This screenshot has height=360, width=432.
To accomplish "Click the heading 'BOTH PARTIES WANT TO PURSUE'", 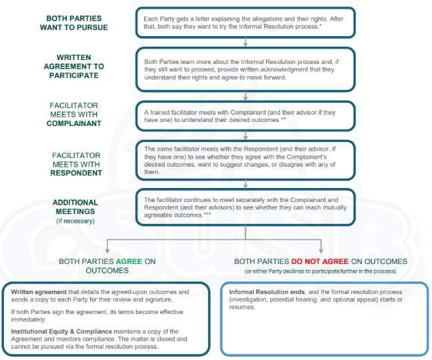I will [x=77, y=23].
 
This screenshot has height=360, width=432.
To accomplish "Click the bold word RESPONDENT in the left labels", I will [x=77, y=173].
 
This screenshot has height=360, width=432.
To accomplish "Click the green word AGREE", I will [x=130, y=262].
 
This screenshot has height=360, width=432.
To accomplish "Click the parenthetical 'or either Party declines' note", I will [x=320, y=271].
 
